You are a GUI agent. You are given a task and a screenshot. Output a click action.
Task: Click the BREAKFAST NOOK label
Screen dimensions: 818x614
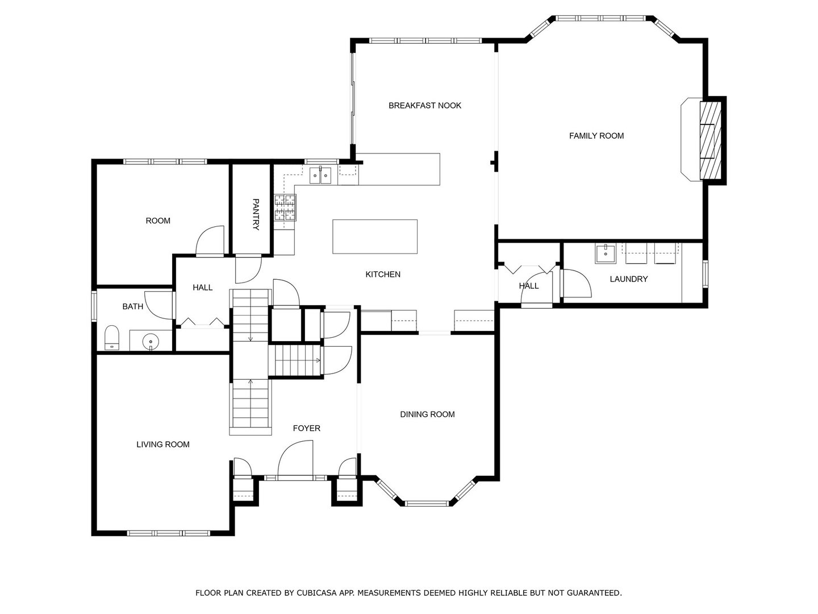424,106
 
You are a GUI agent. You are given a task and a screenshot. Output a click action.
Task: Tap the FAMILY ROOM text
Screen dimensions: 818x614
596,136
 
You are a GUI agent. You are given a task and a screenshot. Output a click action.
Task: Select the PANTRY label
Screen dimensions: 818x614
256,214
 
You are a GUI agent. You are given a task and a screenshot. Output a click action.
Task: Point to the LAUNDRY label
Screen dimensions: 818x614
628,279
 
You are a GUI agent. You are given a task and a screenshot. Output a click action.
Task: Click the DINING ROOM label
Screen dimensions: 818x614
427,414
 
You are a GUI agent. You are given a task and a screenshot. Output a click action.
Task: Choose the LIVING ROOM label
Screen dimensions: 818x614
163,445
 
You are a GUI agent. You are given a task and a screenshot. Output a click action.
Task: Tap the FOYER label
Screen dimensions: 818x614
306,428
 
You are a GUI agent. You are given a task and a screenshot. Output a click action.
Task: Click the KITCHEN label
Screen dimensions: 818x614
383,275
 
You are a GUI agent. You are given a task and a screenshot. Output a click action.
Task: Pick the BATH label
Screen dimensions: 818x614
133,306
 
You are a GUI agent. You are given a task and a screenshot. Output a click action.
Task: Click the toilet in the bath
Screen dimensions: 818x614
111,338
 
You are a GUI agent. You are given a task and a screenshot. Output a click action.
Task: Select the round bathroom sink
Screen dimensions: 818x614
151,341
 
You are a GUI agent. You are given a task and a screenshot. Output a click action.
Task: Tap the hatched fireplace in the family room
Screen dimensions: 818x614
710,140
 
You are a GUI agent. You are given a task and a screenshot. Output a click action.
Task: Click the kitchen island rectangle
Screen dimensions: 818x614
374,237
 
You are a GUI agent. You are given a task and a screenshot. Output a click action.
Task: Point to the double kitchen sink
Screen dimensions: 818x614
320,175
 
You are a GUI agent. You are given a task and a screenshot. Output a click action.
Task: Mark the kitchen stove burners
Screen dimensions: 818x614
285,208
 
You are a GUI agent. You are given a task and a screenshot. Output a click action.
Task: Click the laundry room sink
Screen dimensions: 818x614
605,254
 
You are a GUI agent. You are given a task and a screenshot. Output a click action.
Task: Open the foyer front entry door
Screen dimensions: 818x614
295,459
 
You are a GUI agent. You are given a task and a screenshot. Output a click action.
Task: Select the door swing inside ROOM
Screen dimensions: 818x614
210,240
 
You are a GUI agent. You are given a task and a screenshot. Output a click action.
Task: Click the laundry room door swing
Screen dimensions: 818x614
577,283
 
